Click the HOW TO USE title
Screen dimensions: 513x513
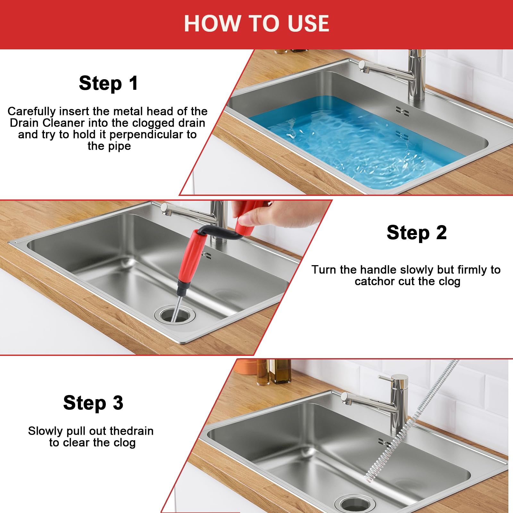(256, 23)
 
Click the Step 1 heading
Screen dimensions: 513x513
(109, 83)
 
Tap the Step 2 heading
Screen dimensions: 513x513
(416, 233)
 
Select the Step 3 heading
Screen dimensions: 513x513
(93, 403)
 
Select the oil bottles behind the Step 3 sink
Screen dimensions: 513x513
(274, 372)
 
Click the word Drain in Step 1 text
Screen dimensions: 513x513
(25, 123)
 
